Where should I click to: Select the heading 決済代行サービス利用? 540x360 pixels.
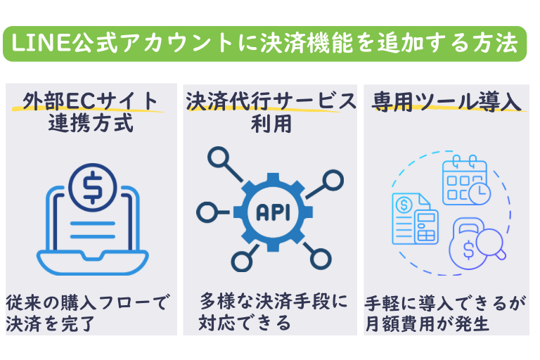pos(271,112)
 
